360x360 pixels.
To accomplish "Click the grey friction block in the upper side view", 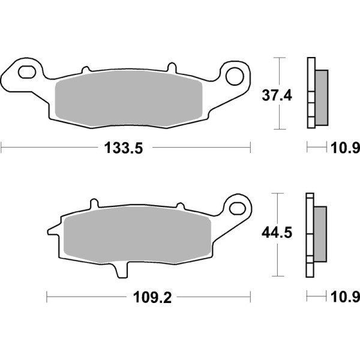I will coord(322,97).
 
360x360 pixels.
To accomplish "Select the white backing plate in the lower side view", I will coord(310,234).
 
